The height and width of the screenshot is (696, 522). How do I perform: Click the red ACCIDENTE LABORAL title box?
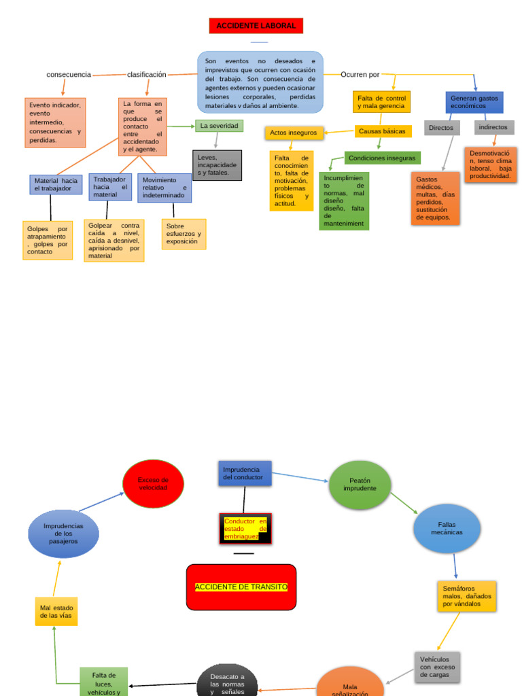[256, 26]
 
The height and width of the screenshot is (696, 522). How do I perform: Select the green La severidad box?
[219, 126]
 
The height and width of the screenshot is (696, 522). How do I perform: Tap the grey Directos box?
[441, 128]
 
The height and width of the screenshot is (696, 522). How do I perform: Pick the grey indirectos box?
[493, 127]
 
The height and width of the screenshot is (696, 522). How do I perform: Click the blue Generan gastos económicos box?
[474, 103]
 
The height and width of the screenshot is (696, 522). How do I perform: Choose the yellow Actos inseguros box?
[293, 133]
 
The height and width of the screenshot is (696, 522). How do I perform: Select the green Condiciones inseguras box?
[382, 158]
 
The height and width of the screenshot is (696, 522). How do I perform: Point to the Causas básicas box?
[383, 131]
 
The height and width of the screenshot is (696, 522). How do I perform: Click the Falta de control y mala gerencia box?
[381, 102]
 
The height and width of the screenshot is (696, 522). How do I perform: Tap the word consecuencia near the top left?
[69, 75]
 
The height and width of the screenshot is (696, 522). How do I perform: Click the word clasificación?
[146, 75]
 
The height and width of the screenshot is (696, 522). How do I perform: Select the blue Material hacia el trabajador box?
[56, 184]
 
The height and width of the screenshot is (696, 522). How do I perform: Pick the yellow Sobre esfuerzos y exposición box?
[184, 234]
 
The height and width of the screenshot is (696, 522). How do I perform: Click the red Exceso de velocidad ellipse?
[153, 484]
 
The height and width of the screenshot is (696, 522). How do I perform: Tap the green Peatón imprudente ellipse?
[360, 485]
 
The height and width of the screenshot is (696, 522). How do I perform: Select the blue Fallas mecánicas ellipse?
[447, 528]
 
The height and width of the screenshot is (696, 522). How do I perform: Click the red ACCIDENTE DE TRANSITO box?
[241, 587]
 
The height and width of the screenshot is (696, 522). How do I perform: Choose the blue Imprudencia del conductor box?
[245, 473]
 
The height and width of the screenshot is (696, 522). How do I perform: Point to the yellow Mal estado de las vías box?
[56, 611]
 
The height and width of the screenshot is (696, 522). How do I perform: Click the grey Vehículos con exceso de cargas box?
[437, 667]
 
